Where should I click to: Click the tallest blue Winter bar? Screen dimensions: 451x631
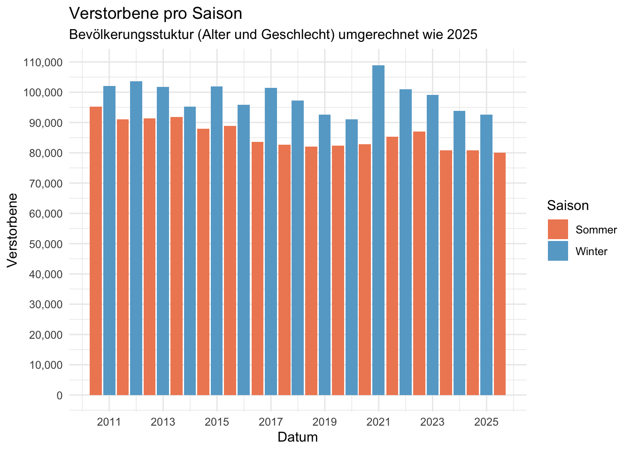pos(378,230)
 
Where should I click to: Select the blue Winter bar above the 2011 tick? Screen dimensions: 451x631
pos(109,241)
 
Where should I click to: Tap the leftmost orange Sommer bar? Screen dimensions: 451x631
pos(96,251)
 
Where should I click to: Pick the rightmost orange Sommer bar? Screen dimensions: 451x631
pos(500,274)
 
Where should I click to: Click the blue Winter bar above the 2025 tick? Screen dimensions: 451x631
pos(486,255)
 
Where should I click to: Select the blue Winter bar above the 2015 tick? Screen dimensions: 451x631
pos(217,241)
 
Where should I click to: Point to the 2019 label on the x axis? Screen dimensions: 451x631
pos(324,422)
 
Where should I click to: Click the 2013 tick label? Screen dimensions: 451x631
pos(163,422)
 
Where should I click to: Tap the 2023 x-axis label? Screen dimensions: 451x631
pos(432,422)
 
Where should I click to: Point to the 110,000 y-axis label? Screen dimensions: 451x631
pos(43,62)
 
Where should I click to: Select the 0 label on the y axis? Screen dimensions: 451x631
pos(59,396)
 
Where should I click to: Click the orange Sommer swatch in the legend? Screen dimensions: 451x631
pos(558,229)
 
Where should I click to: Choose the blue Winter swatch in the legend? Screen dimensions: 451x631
pos(558,251)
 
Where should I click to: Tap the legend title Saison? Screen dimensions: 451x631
pos(568,206)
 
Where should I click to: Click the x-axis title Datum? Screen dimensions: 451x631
pos(298,437)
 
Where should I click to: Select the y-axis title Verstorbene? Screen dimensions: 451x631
pos(13,230)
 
